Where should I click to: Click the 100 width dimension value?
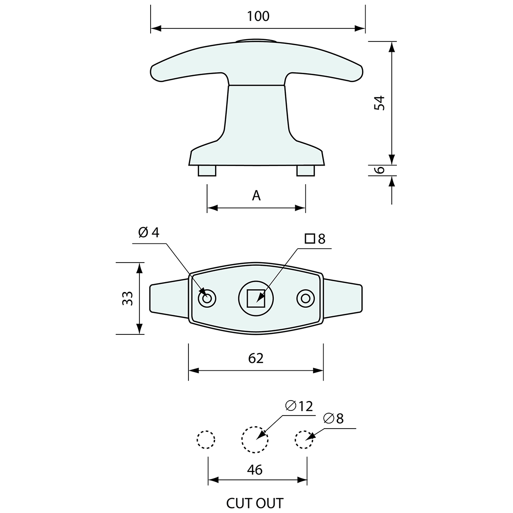258,16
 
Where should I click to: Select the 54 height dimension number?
381,103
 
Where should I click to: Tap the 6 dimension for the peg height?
381,170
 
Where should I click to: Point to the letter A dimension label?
256,196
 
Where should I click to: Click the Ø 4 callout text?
149,232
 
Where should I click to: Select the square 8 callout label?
315,239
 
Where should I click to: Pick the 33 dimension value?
127,298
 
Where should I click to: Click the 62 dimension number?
256,358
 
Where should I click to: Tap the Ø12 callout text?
299,406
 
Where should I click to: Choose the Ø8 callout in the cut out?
333,419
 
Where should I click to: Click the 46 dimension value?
255,470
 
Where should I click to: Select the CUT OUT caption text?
255,504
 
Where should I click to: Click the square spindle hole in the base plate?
256,298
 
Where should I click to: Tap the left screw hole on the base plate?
207,298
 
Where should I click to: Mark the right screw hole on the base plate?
305,298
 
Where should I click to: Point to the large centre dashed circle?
255,439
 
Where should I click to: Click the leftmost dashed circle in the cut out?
206,439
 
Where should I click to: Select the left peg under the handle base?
207,171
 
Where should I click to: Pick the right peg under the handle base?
306,171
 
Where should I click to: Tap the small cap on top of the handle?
256,41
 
